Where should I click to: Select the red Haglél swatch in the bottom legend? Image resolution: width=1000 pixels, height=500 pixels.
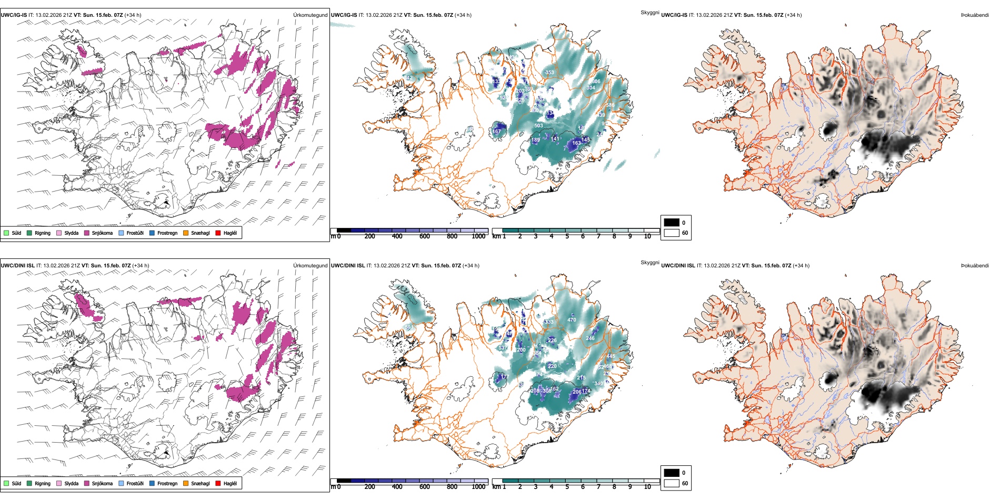(218, 483)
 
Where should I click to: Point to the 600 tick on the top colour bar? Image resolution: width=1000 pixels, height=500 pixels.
(425, 236)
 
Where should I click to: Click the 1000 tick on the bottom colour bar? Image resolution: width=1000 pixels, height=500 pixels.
(478, 487)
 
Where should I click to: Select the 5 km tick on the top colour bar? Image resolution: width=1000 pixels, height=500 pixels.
(567, 236)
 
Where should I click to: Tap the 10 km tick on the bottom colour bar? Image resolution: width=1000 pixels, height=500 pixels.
(647, 487)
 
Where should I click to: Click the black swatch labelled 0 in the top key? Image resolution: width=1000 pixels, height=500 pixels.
(672, 223)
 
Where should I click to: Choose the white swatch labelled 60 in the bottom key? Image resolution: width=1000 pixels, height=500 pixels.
(672, 483)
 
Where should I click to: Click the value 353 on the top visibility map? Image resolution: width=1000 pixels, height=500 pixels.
(549, 73)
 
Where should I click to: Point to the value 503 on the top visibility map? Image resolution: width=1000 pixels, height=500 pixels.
(538, 126)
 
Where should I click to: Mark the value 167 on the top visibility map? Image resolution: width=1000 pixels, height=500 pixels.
(497, 132)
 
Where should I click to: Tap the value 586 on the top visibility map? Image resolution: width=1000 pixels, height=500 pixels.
(610, 105)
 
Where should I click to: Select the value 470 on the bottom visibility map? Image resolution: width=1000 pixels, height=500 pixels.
(572, 319)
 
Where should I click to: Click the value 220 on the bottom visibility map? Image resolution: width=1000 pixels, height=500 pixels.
(552, 366)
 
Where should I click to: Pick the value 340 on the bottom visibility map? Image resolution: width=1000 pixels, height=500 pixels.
(598, 384)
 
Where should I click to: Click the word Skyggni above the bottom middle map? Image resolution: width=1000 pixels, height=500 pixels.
(649, 262)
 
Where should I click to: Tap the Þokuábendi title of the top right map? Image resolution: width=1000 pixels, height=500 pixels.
(975, 15)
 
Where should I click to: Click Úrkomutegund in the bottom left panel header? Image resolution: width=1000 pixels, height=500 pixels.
(310, 265)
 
